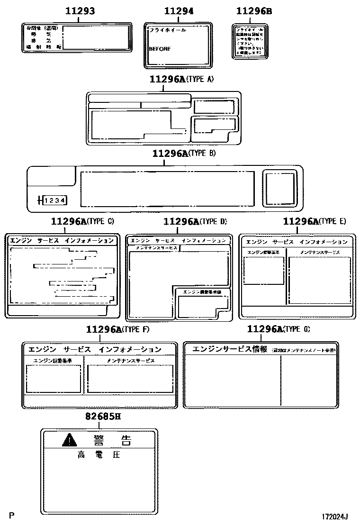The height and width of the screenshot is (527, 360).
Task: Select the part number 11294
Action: click(x=179, y=11)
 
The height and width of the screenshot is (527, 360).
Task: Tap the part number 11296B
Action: click(x=254, y=11)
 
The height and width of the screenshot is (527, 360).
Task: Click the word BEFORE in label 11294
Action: click(x=159, y=49)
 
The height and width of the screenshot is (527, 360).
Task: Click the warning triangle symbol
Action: click(x=69, y=441)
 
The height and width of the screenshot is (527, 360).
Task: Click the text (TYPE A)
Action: click(x=200, y=80)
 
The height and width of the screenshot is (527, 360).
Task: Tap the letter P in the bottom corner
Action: click(x=11, y=515)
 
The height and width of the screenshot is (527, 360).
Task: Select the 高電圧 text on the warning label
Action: click(x=99, y=455)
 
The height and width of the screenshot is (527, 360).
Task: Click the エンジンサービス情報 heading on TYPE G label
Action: click(x=229, y=349)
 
